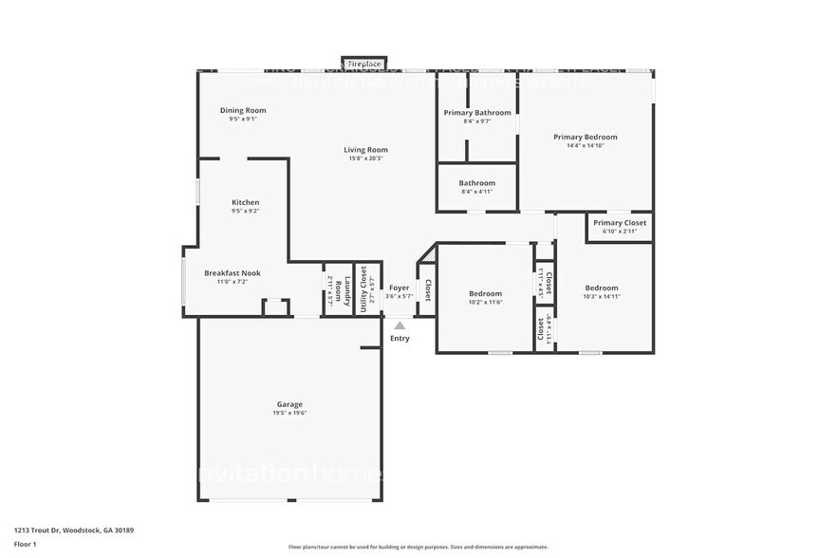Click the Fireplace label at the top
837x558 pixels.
364,64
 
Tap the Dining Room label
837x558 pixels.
243,110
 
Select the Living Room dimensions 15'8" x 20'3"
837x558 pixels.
365,158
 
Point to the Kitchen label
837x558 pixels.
245,202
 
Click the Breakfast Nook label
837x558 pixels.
232,273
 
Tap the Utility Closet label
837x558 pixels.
364,288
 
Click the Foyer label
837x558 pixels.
400,288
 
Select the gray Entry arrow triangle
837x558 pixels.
400,325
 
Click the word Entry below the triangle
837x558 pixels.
400,339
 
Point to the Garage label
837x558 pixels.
289,404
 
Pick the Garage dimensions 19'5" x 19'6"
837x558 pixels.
289,413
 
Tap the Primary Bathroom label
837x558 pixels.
476,113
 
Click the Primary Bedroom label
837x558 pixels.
586,137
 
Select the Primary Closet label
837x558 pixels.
620,223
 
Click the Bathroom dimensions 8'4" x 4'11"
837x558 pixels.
476,192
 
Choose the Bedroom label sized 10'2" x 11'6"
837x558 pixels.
484,294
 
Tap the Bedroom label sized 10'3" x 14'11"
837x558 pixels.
601,288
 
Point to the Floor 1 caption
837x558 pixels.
26,544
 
